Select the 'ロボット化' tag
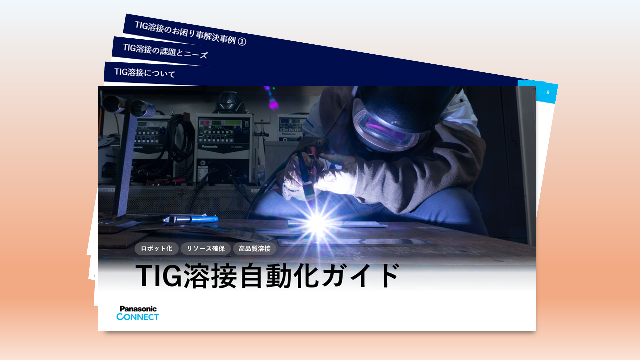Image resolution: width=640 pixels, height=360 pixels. click(x=156, y=248)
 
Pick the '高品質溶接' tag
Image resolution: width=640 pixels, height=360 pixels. click(x=254, y=248)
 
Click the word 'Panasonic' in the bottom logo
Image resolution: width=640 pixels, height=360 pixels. click(x=138, y=309)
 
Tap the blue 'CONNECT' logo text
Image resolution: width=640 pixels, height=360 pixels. click(x=138, y=317)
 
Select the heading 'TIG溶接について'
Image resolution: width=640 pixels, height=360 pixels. click(x=145, y=73)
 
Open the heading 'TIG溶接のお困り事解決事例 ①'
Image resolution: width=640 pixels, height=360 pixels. click(x=190, y=33)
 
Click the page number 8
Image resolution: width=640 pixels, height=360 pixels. click(x=548, y=92)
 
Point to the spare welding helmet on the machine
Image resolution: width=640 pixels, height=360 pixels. click(x=229, y=103)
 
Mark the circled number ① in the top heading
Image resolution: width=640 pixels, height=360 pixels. click(x=242, y=42)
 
